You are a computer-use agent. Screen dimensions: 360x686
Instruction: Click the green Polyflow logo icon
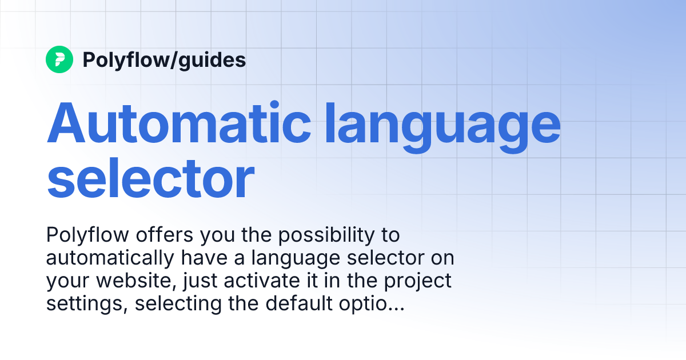tap(59, 59)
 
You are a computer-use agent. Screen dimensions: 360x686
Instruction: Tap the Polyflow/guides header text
tap(164, 59)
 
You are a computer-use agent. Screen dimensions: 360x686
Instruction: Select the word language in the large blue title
tap(444, 125)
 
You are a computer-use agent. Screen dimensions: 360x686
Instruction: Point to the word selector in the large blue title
tap(150, 178)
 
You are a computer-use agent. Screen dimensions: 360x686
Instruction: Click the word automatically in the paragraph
tap(109, 258)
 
